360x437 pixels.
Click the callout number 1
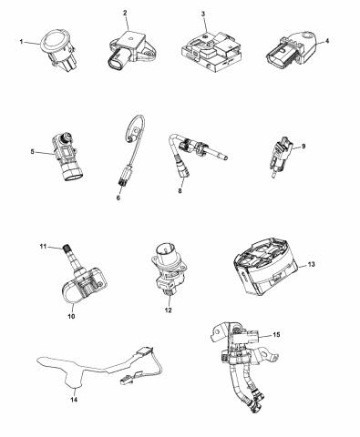pyautogui.click(x=21, y=41)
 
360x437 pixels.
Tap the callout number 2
pyautogui.click(x=126, y=13)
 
